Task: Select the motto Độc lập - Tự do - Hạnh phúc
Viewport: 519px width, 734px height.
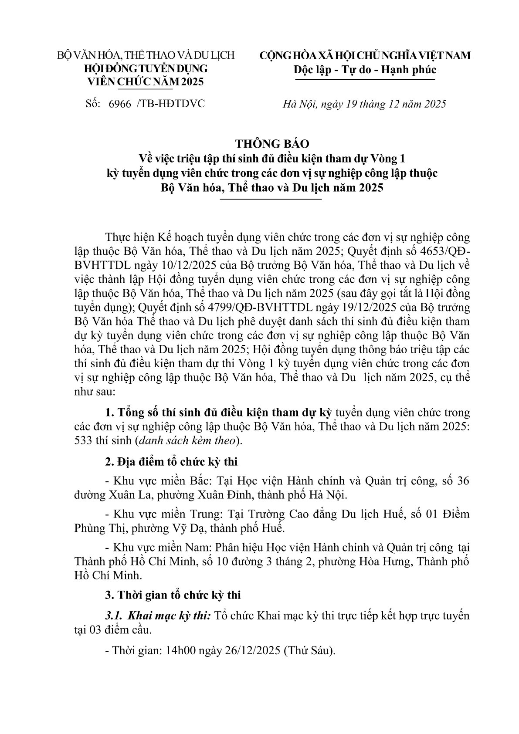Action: click(365, 70)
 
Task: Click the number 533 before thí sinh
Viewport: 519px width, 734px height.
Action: click(83, 440)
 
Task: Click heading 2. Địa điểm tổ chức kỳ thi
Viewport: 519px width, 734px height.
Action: click(171, 462)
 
